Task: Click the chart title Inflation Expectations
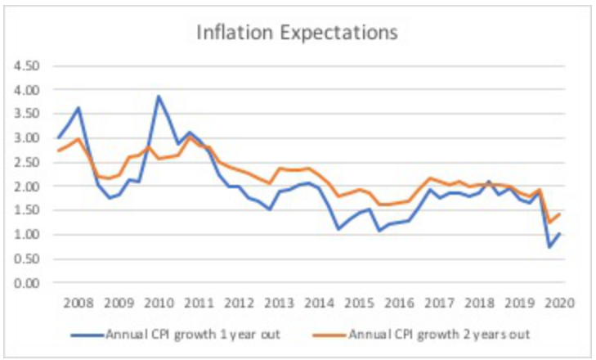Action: (297, 34)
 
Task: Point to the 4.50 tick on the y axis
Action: (26, 65)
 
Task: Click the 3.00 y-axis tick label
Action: (26, 137)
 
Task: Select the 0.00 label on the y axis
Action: (26, 284)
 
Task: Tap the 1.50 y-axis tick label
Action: (26, 210)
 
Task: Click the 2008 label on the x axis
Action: (78, 300)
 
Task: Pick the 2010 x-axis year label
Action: (159, 300)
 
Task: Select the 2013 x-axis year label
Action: (280, 300)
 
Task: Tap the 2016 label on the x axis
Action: (400, 300)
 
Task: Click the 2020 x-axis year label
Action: (561, 300)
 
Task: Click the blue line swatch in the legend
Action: (86, 335)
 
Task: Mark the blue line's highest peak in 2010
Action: (159, 97)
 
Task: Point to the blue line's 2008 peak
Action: (78, 107)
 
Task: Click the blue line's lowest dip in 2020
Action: (549, 247)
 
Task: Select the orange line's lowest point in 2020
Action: (549, 223)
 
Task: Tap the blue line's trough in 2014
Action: (339, 229)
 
